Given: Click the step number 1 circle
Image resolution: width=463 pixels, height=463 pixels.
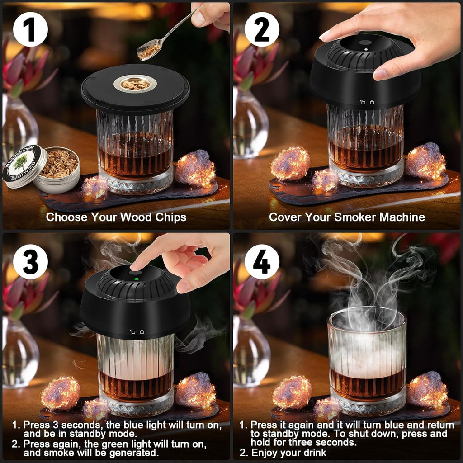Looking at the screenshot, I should click(x=30, y=30).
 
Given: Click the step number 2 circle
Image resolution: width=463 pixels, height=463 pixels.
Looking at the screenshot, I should click(x=262, y=30).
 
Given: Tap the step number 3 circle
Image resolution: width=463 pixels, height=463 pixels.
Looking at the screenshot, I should click(x=30, y=261).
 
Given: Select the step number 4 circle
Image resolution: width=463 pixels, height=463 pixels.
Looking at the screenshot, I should click(x=262, y=261).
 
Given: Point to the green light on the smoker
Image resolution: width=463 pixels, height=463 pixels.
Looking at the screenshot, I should click(x=134, y=279).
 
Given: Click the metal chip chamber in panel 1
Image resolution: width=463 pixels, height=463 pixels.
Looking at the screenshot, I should click(x=135, y=84).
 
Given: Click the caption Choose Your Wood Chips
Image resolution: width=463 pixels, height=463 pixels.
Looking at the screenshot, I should click(x=116, y=217).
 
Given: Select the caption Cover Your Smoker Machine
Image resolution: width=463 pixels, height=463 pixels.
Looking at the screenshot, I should click(x=347, y=217).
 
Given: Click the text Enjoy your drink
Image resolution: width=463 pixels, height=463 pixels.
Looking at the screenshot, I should click(x=288, y=453).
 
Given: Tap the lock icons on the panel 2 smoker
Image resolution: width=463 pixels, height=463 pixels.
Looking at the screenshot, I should click(x=367, y=103).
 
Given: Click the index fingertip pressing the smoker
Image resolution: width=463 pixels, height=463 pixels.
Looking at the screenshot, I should click(x=136, y=267).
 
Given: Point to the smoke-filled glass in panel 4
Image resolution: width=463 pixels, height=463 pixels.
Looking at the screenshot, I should click(x=366, y=357).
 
